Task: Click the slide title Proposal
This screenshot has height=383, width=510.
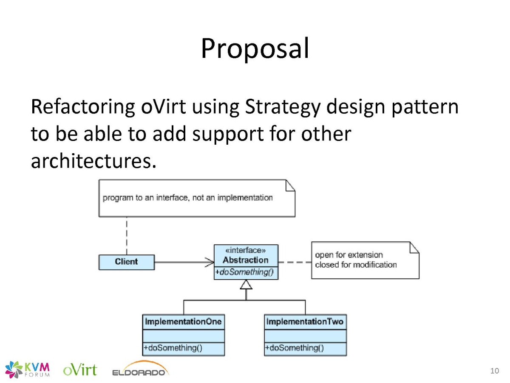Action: coord(255,49)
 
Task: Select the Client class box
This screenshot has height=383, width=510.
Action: coord(126,262)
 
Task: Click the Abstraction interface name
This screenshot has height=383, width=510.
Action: coord(246,260)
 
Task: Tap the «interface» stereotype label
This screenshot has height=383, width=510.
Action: coord(246,250)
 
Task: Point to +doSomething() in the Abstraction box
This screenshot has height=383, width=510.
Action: coord(244,272)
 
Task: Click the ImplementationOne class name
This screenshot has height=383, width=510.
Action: coord(183,321)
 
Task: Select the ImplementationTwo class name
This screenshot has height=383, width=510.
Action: coord(305,321)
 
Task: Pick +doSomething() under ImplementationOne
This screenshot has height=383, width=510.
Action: coord(173,348)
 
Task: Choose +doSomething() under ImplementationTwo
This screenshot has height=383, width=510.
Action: coord(295,348)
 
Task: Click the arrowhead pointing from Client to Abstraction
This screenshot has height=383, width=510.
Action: coord(210,262)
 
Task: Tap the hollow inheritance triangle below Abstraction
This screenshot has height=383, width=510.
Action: coord(246,284)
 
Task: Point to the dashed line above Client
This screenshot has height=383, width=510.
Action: coord(127,236)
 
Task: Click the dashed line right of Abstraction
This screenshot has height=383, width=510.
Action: coord(295,262)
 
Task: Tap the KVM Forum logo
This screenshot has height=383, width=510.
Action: coord(28,369)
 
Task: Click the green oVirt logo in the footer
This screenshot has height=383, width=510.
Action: coord(80,370)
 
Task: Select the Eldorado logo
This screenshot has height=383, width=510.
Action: coord(141,369)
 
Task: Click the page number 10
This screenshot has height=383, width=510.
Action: coord(494,370)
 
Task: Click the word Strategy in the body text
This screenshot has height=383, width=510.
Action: coord(283,107)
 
